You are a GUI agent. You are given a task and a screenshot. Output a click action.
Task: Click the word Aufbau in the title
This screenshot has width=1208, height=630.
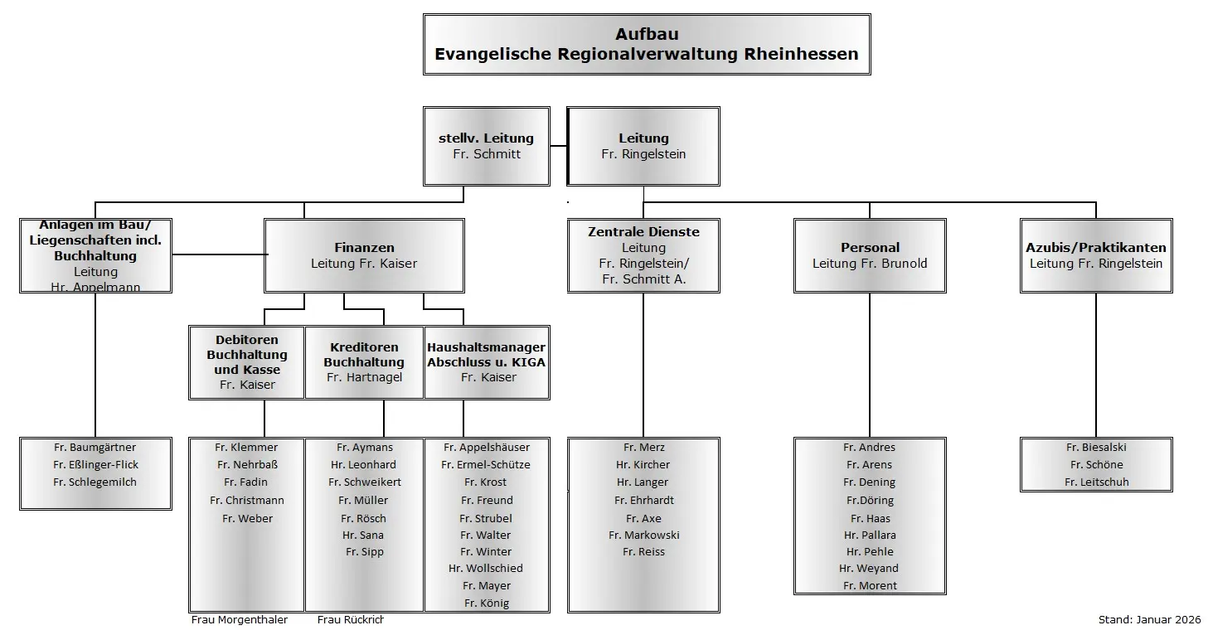pos(647,34)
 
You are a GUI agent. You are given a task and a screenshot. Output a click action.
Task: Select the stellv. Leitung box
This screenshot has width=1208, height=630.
pos(486,146)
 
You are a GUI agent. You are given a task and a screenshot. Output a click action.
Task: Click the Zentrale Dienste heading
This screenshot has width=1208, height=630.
pos(643,232)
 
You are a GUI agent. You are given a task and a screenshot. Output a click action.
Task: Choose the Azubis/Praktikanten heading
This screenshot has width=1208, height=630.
pos(1095,248)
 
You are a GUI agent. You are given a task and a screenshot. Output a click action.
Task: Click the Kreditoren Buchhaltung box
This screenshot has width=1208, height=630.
pos(364,362)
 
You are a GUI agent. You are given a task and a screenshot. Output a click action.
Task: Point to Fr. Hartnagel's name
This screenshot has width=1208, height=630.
pos(364,378)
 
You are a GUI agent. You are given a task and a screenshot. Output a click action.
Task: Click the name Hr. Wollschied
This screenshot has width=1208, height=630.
pos(486,569)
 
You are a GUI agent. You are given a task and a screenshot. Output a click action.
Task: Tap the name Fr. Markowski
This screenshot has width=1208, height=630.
pos(643,535)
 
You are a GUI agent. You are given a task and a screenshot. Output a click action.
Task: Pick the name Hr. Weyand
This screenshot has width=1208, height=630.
pos(869,569)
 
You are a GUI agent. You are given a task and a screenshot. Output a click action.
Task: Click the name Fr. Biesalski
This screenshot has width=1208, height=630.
pos(1096,448)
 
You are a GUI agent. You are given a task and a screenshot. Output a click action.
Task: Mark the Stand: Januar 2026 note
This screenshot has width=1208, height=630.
pos(1149,619)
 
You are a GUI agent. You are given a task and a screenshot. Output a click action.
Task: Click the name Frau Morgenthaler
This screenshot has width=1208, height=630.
pos(240,620)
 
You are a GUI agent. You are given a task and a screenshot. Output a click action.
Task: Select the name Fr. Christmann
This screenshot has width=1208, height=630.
pos(247,501)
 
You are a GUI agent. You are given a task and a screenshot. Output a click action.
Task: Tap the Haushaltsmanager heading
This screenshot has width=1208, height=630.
pos(486,347)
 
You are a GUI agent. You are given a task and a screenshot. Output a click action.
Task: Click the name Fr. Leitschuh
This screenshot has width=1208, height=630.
pos(1096,482)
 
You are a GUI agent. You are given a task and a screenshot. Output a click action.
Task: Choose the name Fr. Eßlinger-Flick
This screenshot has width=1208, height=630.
pos(95,465)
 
